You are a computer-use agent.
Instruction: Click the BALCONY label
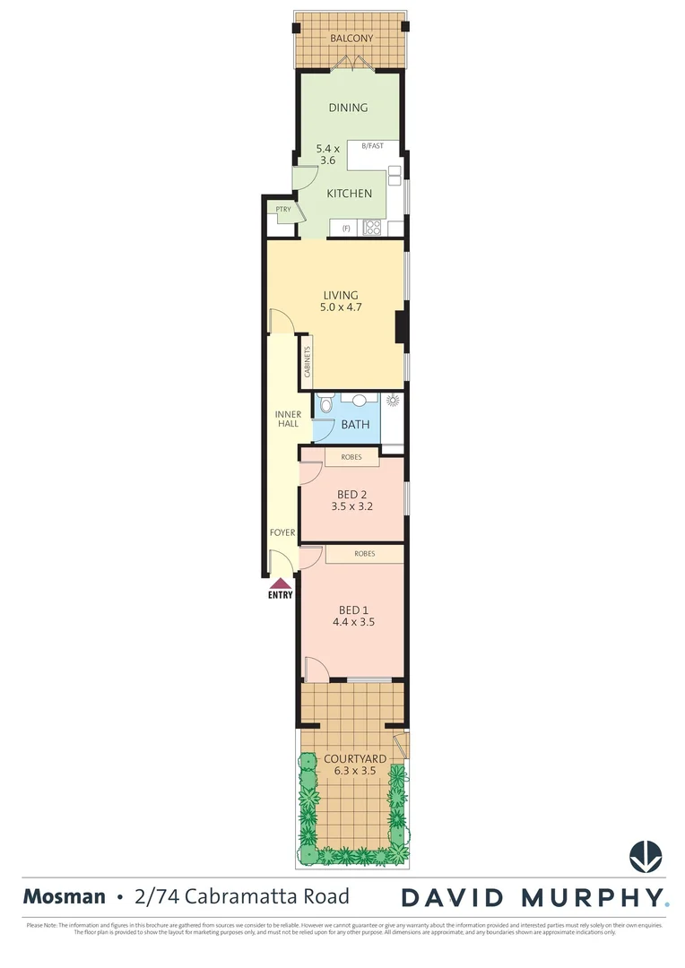351,39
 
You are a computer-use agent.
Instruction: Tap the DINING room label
348,108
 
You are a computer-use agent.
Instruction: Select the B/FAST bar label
372,145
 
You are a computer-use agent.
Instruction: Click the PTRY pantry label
283,210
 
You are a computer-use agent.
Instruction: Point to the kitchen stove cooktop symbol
372,228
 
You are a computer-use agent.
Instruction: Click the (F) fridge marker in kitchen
345,229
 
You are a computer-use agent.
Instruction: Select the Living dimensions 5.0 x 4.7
341,307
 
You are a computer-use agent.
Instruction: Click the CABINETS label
307,361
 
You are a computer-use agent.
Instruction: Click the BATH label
355,424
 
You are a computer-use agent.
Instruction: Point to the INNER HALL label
288,419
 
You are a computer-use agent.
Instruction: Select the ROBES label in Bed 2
351,458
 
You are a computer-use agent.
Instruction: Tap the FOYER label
282,532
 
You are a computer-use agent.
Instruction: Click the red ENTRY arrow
281,583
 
